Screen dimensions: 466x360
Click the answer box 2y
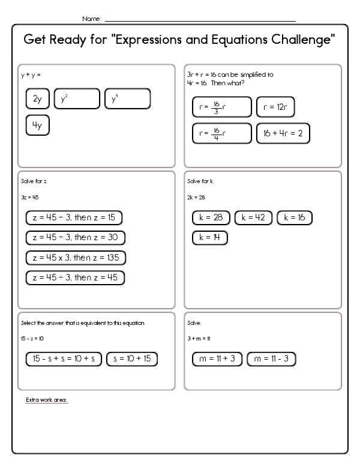(x=38, y=100)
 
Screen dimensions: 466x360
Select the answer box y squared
(x=77, y=100)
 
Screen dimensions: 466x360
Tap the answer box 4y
(x=38, y=125)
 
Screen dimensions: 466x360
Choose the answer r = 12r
(x=275, y=107)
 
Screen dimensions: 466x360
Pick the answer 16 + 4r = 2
(x=283, y=133)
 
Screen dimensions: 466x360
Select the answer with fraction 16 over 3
(x=221, y=107)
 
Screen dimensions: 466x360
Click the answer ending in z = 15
(x=74, y=218)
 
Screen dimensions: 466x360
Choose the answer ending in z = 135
(x=76, y=258)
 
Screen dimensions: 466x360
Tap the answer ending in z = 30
(x=76, y=238)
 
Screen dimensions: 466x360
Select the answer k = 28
(x=211, y=218)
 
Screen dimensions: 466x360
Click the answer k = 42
(x=253, y=218)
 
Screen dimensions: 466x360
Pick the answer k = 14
(x=210, y=238)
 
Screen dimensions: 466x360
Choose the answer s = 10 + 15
(x=132, y=359)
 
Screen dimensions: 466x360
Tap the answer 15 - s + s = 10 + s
(x=64, y=359)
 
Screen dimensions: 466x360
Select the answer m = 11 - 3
(x=271, y=359)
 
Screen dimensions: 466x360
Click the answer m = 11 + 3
(x=217, y=359)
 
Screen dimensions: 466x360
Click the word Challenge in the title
(x=296, y=41)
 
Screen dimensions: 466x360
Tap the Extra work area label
(x=47, y=399)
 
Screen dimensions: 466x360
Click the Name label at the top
(x=92, y=19)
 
